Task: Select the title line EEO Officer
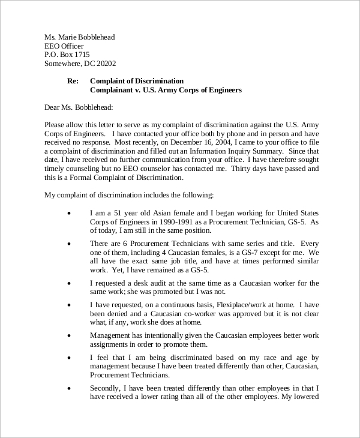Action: [64, 46]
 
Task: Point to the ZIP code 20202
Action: [105, 64]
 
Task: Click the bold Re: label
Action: [73, 81]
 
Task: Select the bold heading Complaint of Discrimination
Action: [137, 81]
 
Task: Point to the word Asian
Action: [152, 213]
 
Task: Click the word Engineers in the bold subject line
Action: [222, 90]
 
